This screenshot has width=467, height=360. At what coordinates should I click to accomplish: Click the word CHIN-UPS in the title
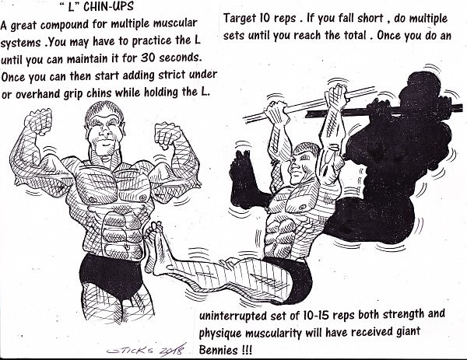point(108,6)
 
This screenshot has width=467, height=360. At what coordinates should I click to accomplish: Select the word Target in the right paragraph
point(240,18)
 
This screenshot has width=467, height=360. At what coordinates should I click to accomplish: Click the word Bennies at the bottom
point(218,349)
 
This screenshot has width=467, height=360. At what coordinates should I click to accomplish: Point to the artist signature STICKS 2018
point(146,350)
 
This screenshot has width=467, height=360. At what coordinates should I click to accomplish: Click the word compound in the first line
point(65,25)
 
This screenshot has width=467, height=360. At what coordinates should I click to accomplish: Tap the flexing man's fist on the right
point(167,135)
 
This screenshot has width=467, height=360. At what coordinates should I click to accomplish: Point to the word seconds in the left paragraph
point(181,58)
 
